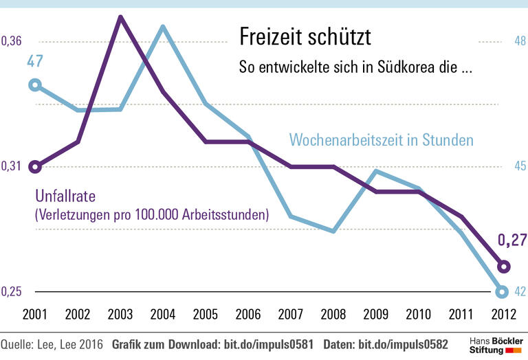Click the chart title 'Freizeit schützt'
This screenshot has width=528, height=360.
304,37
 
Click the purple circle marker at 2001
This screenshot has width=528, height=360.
36,167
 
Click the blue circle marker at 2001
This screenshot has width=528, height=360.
36,85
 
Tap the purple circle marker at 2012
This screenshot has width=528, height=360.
503,267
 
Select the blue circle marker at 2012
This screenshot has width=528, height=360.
503,291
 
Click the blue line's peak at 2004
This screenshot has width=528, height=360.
163,27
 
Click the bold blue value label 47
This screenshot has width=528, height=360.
35,61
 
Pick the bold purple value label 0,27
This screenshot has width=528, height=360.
511,240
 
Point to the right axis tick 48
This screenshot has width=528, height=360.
520,42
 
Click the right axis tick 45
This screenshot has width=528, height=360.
520,167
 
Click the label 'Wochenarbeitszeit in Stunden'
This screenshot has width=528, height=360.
382,140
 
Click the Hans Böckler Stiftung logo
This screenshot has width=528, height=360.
494,345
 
